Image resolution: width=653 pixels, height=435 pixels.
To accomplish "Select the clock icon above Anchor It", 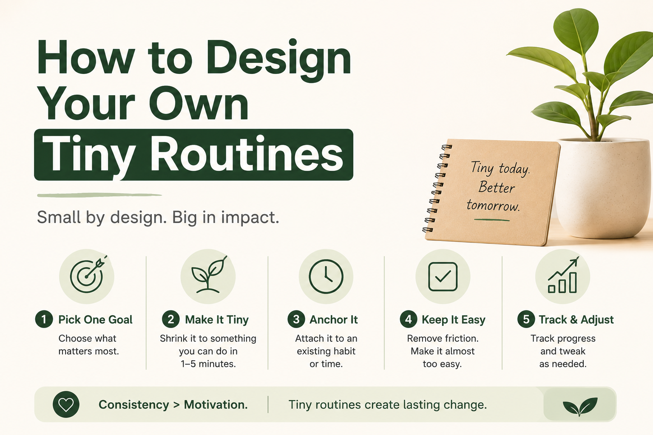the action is pos(326,276).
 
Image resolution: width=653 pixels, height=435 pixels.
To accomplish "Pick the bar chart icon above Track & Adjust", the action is pos(562,275).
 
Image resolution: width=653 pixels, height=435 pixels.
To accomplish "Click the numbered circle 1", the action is pos(44,319).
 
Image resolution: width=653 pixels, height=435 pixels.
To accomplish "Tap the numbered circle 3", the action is pos(296,319).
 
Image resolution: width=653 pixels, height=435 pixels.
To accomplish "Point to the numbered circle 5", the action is pos(526,319).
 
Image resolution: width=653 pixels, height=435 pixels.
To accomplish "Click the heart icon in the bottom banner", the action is pos(66,404).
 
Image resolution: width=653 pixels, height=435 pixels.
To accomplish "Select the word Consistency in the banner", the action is pos(134,405).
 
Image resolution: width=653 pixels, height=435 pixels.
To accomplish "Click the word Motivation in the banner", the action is pos(216,405).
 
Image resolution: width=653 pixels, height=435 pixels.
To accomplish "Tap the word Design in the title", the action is pos(278,60).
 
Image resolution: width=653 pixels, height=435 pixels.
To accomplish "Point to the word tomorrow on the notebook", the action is pos(493,205).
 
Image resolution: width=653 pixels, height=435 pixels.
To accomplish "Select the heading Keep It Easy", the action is pos(454,319).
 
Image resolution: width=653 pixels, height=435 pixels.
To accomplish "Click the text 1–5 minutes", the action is pos(208,364).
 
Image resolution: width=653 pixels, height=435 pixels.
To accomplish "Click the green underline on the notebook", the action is pos(492,220).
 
